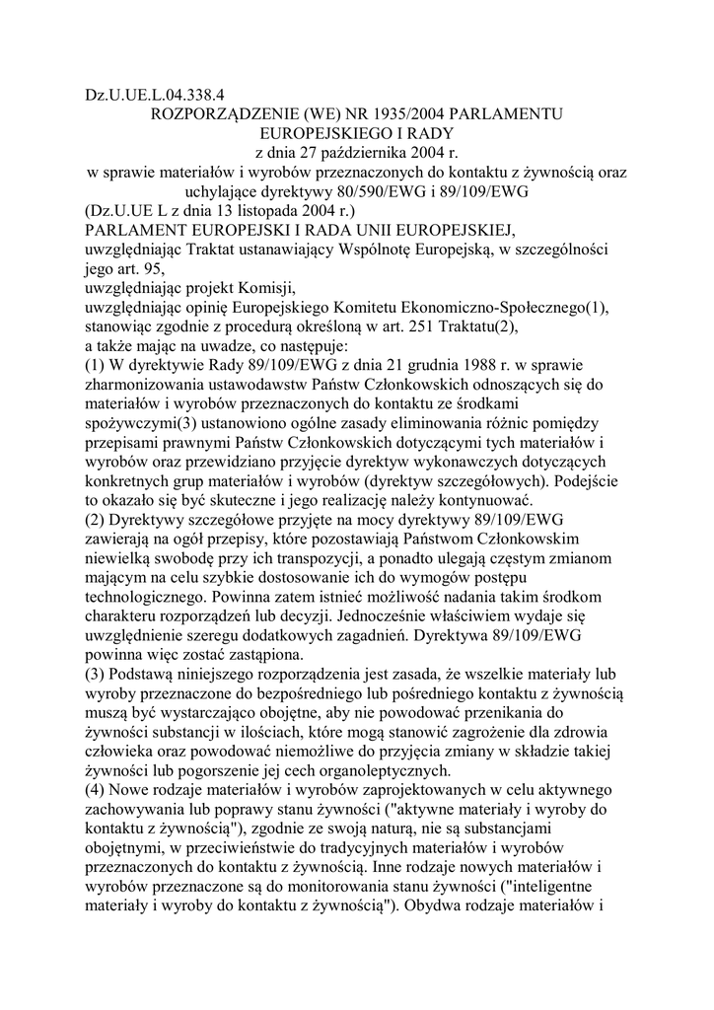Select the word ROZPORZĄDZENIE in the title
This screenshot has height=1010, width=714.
pos(214,115)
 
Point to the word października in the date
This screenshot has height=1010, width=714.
pos(371,153)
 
